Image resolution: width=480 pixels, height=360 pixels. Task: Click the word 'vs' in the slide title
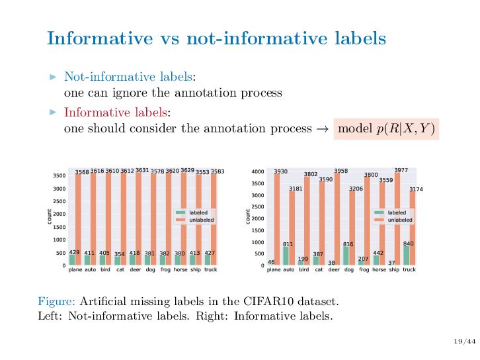(x=170, y=38)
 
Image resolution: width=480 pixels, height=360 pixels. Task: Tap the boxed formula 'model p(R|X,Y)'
(x=387, y=128)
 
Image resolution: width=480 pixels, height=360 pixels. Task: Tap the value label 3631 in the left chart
(x=142, y=170)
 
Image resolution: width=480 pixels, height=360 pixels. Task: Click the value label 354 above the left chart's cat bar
(x=120, y=254)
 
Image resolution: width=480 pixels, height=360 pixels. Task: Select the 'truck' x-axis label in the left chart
(x=211, y=270)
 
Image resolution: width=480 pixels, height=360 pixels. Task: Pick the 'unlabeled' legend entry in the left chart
(x=198, y=220)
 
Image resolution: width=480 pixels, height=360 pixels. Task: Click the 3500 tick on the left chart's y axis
(x=59, y=175)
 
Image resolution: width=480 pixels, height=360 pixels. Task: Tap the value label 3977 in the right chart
(x=401, y=170)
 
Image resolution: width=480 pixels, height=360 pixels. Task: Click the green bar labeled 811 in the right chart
(x=286, y=256)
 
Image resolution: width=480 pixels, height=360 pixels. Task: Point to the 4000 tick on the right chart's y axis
(x=258, y=172)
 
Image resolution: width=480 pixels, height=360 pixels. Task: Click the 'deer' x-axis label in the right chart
(x=334, y=270)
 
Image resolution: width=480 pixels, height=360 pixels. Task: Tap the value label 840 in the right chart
(x=408, y=244)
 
